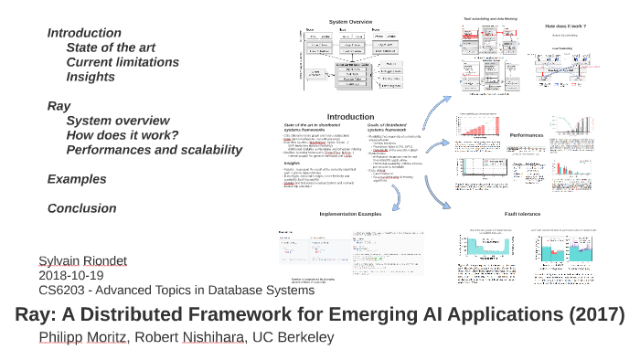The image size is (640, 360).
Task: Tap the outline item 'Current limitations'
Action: [123, 62]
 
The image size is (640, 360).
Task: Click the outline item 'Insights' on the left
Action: [91, 77]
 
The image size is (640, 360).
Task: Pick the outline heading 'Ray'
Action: [59, 106]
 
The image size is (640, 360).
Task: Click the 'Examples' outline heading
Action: [77, 179]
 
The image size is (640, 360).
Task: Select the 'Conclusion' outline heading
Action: [81, 208]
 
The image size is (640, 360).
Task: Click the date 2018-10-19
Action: [70, 275]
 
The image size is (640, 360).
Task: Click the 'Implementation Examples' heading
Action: [350, 214]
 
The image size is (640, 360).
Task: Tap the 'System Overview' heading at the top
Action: [351, 22]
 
